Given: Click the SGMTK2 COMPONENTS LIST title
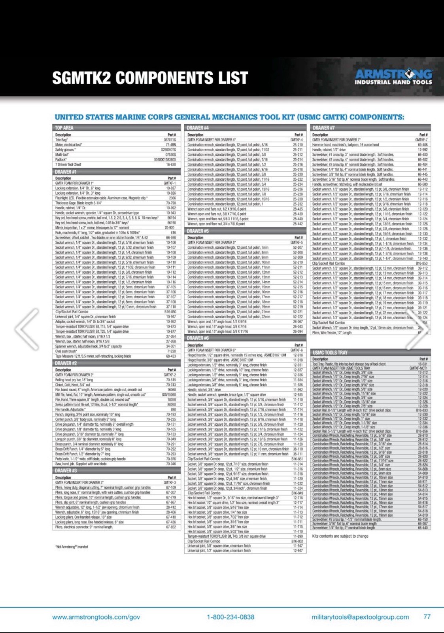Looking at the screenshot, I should tap(150, 78).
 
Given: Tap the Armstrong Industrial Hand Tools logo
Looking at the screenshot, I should tap(393, 77).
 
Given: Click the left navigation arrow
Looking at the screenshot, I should tap(26, 329).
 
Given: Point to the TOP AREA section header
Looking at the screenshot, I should tap(64, 128).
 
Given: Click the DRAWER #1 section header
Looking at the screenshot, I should tap(66, 172).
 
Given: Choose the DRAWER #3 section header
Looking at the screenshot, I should tap(66, 470).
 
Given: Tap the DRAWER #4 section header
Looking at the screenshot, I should tap(198, 128).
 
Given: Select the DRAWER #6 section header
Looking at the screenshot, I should tap(198, 338).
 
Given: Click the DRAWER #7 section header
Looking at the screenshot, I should tap(323, 128).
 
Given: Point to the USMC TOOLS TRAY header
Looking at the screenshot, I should tap(330, 353).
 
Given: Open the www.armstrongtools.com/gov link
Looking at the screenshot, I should tap(96, 617).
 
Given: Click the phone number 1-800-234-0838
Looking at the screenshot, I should tap(231, 617).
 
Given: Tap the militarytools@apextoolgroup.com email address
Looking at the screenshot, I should tap(360, 617).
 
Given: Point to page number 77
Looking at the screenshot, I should tap(427, 616).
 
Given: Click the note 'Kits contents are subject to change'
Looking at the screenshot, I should tap(340, 536).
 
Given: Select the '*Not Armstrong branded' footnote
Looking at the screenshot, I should tap(72, 547).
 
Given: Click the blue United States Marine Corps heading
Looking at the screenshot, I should tap(229, 117).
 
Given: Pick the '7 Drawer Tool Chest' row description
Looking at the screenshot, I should tap(68, 165).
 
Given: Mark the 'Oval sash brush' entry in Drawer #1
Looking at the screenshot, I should tap(66, 351).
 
